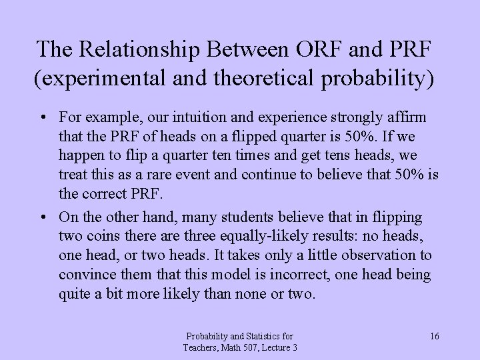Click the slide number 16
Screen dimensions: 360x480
434,336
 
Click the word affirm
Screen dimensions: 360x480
407,117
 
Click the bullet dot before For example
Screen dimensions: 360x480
42,118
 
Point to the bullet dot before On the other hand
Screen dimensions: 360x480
42,217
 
